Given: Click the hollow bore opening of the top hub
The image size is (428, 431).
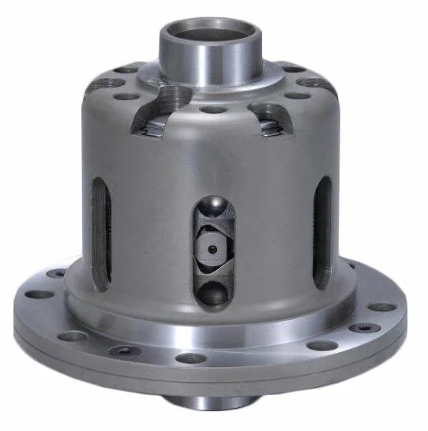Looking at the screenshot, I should coord(208,34).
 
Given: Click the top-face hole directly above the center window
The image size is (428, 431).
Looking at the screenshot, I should coord(212,110).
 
